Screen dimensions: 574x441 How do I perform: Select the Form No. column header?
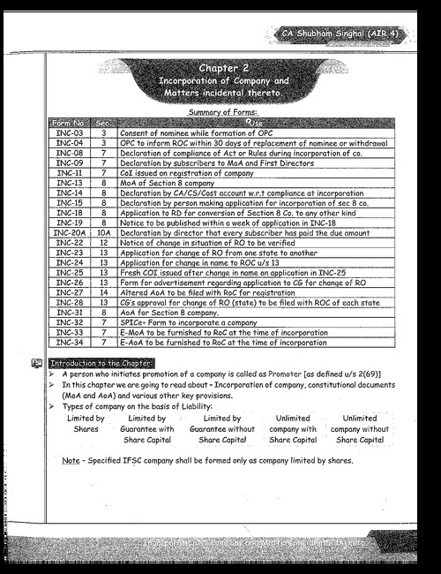tap(69, 122)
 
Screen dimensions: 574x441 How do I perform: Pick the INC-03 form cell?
tap(69, 132)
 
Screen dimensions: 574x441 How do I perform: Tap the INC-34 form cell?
tap(69, 341)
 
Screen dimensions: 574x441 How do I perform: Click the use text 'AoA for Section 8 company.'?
tap(169, 311)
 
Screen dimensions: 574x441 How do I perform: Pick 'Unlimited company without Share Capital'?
tap(360, 428)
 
